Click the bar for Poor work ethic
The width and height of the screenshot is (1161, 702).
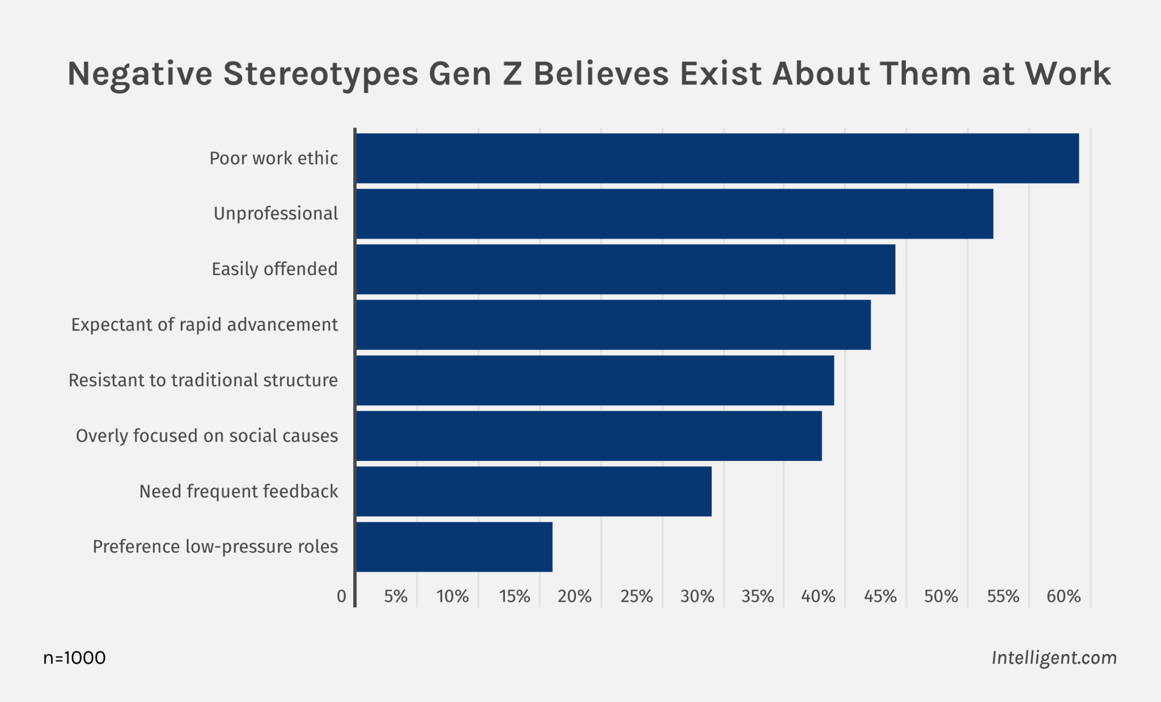[717, 158]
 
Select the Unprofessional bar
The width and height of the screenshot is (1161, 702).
[675, 214]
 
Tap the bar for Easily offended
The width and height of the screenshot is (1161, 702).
[625, 269]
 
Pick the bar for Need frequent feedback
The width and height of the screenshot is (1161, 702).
[533, 491]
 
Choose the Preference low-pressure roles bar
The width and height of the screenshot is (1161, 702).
[454, 547]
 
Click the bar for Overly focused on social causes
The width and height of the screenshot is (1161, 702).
[588, 435]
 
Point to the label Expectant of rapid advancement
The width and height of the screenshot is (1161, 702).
[204, 325]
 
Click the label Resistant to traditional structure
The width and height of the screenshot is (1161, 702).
[203, 380]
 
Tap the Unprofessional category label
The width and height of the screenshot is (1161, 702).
[276, 214]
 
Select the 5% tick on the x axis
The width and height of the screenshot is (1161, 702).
[396, 597]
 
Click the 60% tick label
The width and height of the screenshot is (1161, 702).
[1063, 597]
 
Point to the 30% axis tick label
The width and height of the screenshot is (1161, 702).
[697, 597]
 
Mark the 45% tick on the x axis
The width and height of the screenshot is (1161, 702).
[880, 597]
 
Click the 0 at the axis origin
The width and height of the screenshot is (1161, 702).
[341, 597]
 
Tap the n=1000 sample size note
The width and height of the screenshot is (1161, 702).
[74, 658]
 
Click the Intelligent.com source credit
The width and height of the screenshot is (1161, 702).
[1054, 658]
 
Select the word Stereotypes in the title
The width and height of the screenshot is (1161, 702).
[320, 74]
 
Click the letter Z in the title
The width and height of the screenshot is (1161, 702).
[512, 74]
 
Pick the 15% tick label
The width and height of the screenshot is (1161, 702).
[515, 597]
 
